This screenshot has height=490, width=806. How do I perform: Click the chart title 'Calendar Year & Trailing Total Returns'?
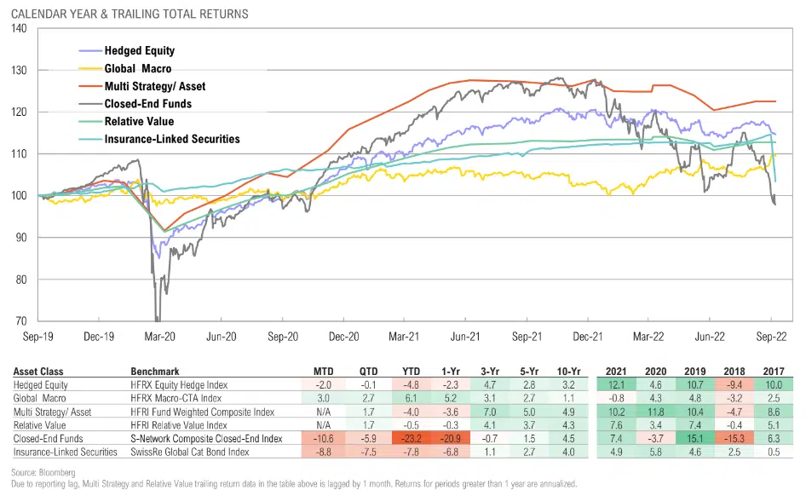click(x=130, y=14)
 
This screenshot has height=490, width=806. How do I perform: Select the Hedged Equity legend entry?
click(x=140, y=50)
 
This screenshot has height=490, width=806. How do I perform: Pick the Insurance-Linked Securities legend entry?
click(x=171, y=139)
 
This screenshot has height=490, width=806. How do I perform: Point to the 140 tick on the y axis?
click(x=19, y=28)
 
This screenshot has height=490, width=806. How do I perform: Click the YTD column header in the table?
click(x=411, y=372)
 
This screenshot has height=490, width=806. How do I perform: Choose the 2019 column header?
click(x=693, y=372)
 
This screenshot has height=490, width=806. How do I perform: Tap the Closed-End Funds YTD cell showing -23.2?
click(x=411, y=438)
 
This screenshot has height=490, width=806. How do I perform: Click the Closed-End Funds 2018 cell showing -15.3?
click(x=733, y=438)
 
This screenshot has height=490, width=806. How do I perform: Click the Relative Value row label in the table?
click(x=39, y=425)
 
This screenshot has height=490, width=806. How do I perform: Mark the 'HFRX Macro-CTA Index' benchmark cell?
click(x=176, y=399)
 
